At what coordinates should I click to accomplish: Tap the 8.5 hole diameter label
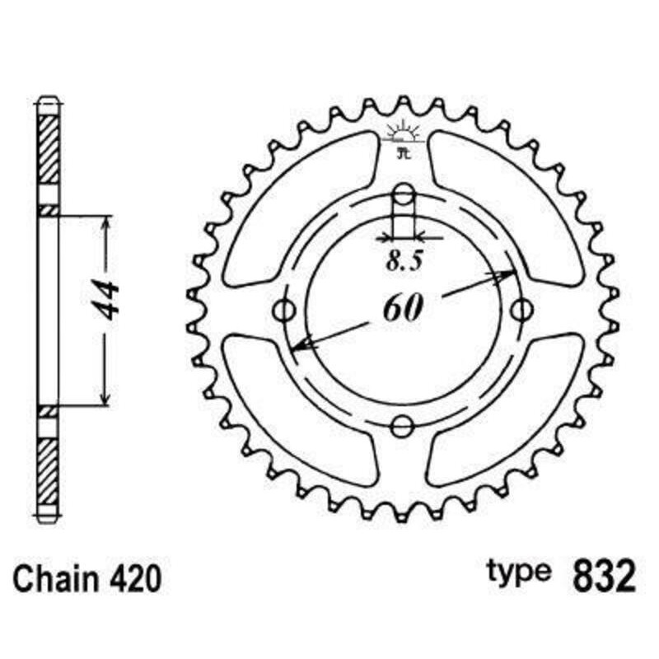click(x=404, y=262)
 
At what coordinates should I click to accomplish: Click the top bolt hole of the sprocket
click(x=403, y=194)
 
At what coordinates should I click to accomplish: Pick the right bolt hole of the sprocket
click(x=520, y=311)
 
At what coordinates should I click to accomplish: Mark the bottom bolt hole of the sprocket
click(x=403, y=427)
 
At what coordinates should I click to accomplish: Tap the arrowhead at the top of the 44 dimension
click(x=105, y=224)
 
